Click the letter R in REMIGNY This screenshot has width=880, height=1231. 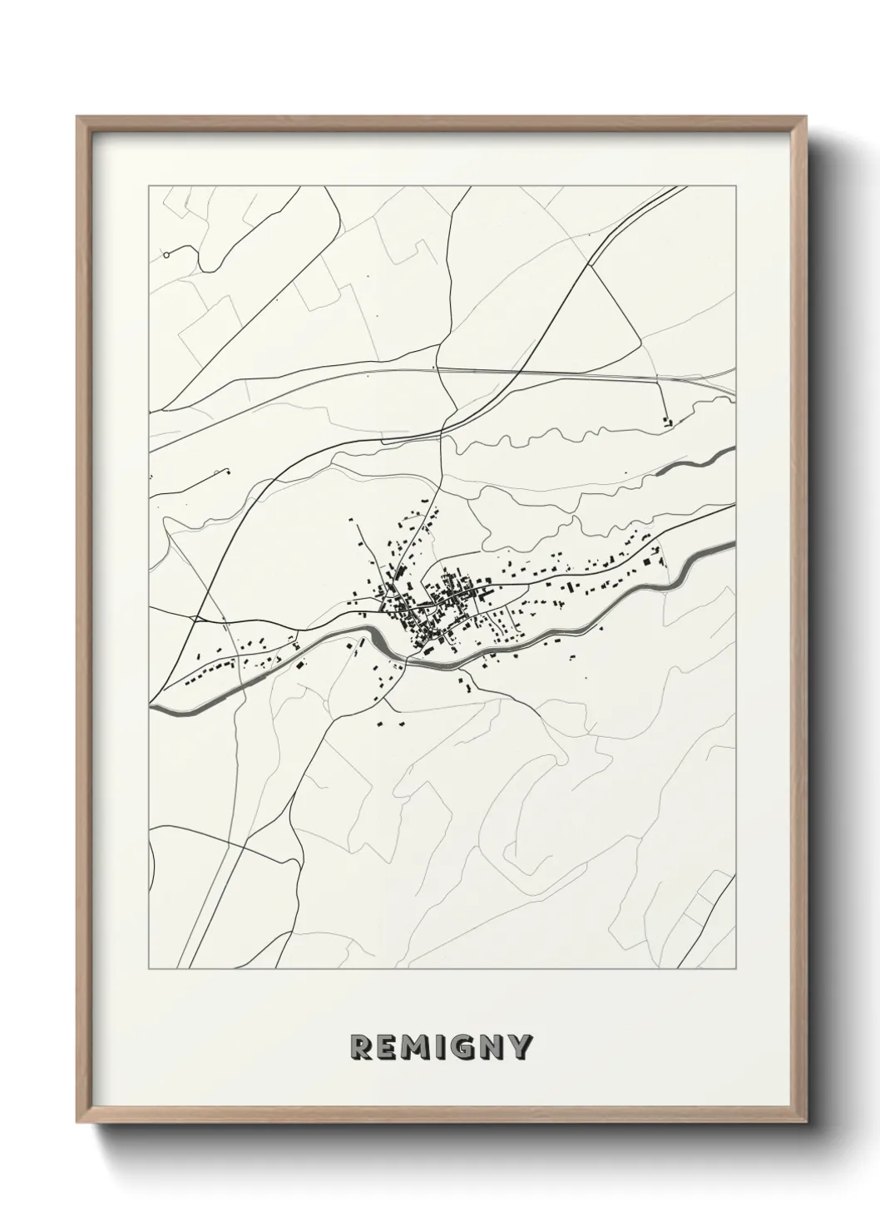(x=360, y=1047)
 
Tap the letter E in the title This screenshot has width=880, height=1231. (x=387, y=1047)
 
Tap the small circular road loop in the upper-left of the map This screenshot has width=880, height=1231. (x=166, y=255)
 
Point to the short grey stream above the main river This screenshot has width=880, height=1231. (x=695, y=462)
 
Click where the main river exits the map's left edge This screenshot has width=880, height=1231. (x=153, y=706)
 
